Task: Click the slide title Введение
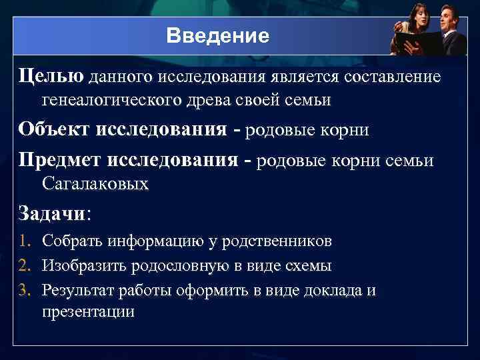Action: click(x=218, y=35)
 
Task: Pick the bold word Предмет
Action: click(x=61, y=160)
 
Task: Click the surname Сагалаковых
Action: click(x=95, y=183)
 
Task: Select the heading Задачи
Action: click(x=51, y=213)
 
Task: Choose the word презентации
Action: click(x=88, y=311)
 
